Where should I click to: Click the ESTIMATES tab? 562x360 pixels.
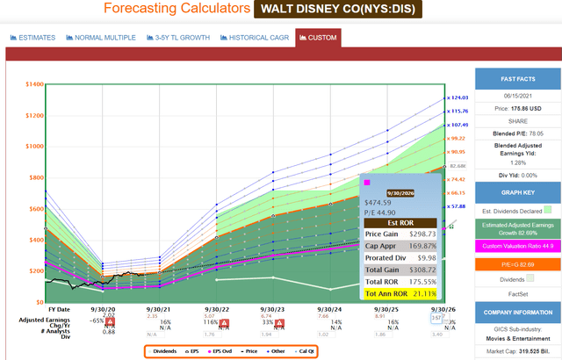point(33,38)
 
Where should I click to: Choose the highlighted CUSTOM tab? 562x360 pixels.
point(317,38)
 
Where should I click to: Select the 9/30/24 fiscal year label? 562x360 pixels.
point(329,308)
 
